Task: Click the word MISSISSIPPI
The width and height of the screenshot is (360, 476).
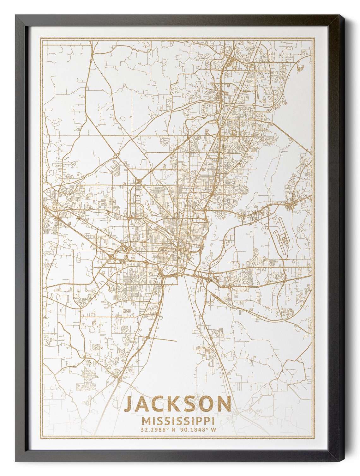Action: point(178,421)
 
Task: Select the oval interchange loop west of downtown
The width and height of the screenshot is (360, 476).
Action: point(123,249)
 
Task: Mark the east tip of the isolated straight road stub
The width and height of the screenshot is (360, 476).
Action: point(176,341)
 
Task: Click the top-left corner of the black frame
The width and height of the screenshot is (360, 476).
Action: point(15,15)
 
